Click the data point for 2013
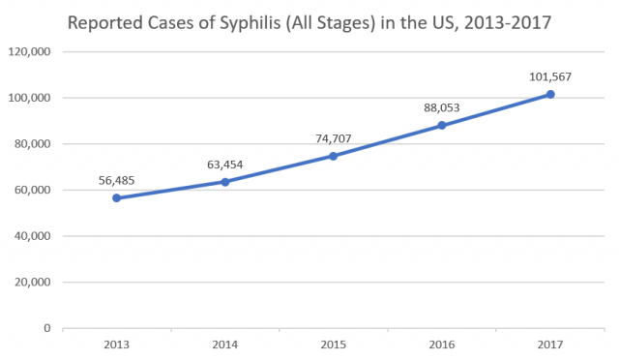coord(117,197)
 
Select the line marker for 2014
coord(225,182)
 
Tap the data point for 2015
coord(334,156)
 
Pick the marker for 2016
coord(442,125)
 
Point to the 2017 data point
coord(550,94)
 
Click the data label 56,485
coord(117,179)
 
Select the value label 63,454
coord(225,164)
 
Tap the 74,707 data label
coord(334,138)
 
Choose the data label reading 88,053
coord(442,107)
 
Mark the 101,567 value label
coord(550,75)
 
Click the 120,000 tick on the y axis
coord(32,51)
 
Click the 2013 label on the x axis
coord(117,344)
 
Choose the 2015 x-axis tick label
coord(334,344)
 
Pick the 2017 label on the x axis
coord(550,344)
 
